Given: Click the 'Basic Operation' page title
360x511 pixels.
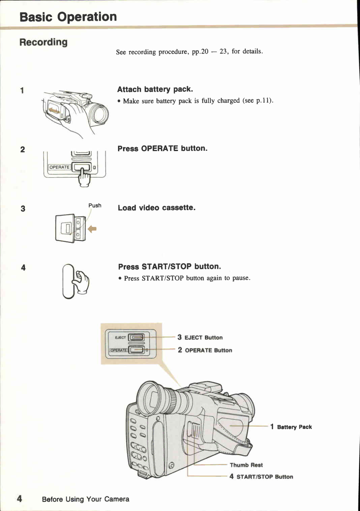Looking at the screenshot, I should pos(68,17).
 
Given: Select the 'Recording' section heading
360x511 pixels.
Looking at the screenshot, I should pos(43,42).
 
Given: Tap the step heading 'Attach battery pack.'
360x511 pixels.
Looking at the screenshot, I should pos(155,89).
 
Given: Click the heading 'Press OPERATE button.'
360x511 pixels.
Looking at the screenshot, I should pos(162,148).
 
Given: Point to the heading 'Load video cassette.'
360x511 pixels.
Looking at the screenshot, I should pos(156,208).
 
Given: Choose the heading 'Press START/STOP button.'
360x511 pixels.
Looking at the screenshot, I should pos(169,267).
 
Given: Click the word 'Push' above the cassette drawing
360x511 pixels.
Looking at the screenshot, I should pos(95,205).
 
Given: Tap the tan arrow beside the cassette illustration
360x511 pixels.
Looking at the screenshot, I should pos(92,229).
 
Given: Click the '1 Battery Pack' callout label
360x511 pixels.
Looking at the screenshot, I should pos(291,427).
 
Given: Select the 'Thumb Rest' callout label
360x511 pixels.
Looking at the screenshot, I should pos(246,465).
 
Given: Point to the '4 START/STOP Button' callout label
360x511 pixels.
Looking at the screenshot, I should pos(261,477).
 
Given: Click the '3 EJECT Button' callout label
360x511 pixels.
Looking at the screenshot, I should pos(200,338).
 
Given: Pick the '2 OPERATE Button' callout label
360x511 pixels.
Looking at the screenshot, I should pos(205,350).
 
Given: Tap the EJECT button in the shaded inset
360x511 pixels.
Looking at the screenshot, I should pos(136,338).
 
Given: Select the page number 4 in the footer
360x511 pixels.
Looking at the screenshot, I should pos(20,499).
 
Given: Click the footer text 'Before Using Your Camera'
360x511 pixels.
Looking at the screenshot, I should pos(86,499).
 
